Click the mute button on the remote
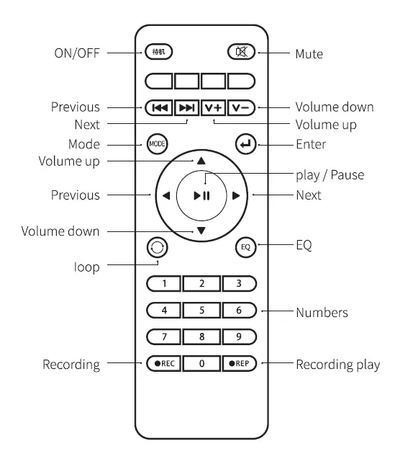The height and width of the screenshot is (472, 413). [x=241, y=52]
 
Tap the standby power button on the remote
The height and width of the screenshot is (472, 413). [x=159, y=52]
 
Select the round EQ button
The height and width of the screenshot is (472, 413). [x=245, y=247]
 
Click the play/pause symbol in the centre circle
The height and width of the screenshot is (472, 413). [x=201, y=195]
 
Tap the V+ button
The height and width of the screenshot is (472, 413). [x=214, y=107]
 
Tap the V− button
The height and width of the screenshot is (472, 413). [x=241, y=107]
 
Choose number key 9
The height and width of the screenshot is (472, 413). [x=238, y=336]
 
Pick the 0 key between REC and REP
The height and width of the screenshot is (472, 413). [x=201, y=363]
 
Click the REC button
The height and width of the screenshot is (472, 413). [x=163, y=363]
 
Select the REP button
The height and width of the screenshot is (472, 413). [x=239, y=363]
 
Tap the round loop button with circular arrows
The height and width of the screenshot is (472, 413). [x=157, y=247]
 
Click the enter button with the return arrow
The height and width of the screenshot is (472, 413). [x=245, y=144]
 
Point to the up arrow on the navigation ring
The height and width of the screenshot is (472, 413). [x=201, y=161]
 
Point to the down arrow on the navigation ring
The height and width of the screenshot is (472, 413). [x=201, y=231]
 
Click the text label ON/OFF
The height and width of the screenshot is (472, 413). [x=77, y=53]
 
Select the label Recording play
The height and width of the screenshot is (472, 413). [x=337, y=365]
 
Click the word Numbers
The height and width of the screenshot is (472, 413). [x=322, y=313]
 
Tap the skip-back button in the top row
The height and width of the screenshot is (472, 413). [x=159, y=107]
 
